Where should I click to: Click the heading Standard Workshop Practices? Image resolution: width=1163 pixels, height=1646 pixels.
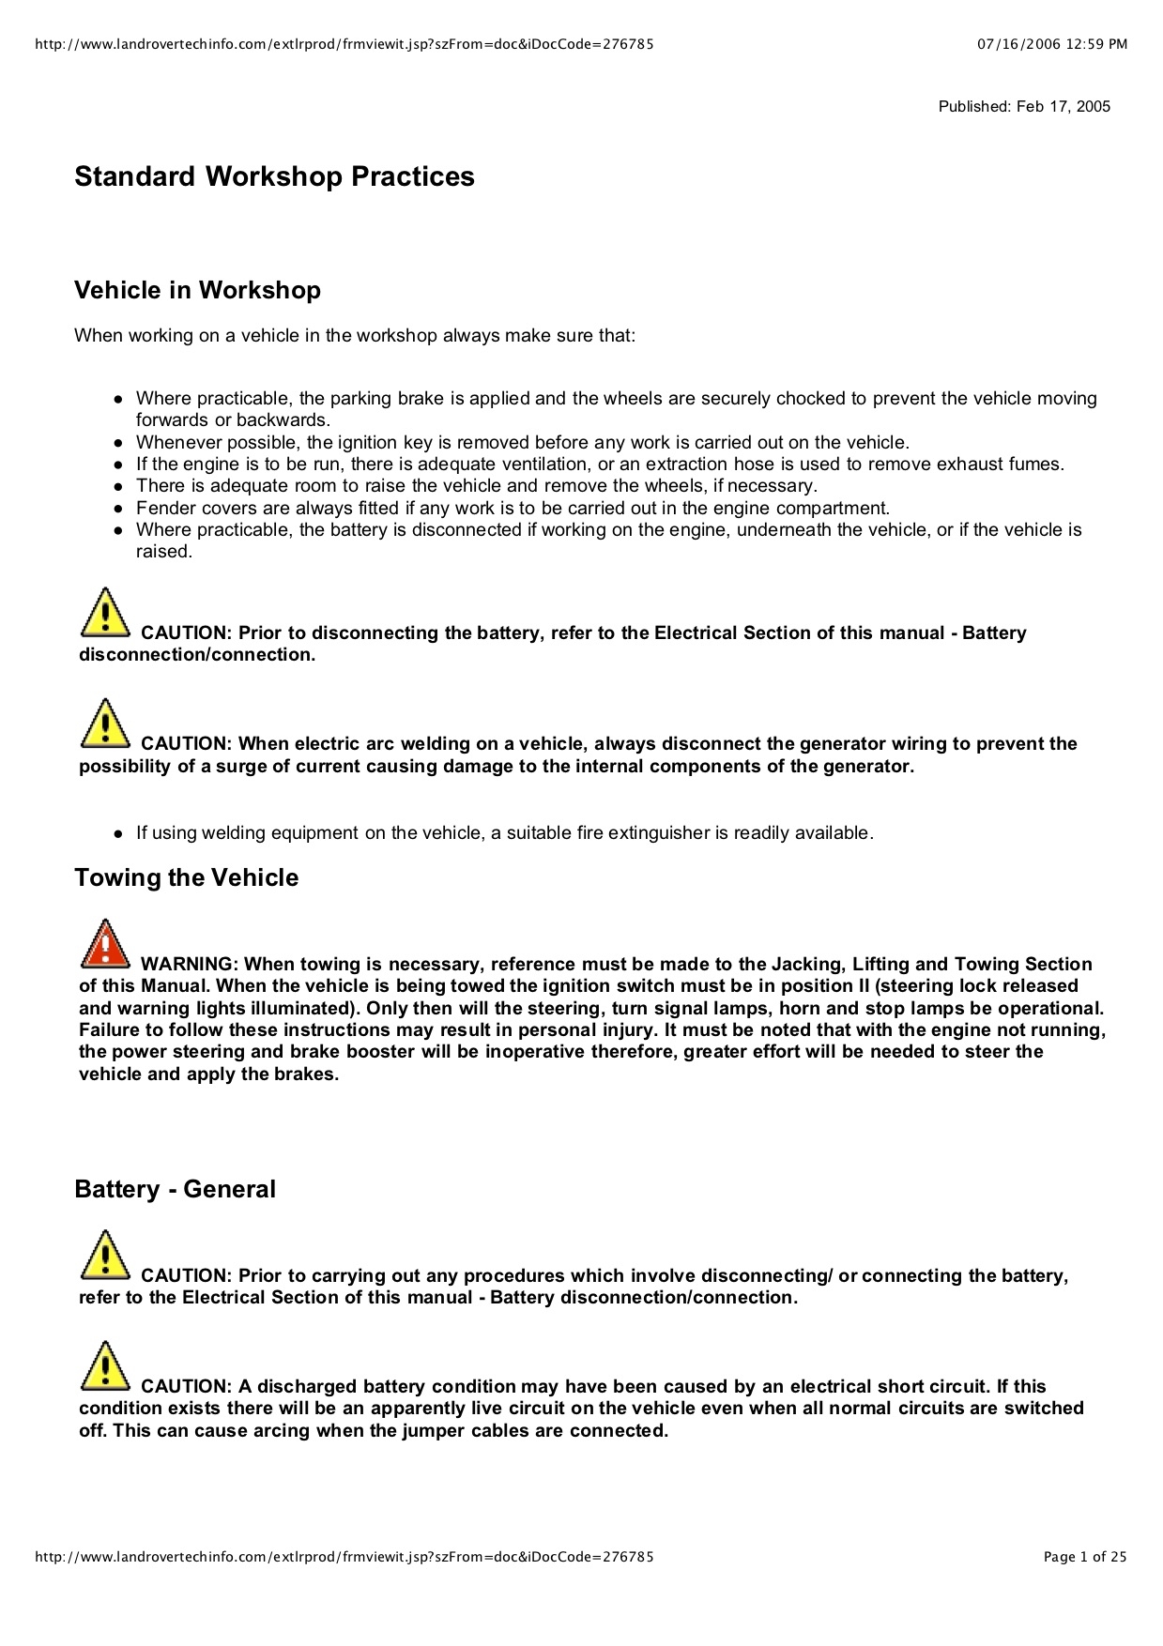pyautogui.click(x=274, y=176)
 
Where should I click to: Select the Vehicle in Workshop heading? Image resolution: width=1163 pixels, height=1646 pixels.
pyautogui.click(x=197, y=290)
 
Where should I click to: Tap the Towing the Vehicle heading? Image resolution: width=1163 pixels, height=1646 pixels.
pyautogui.click(x=186, y=877)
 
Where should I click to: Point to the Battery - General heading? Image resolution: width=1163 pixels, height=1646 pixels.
pyautogui.click(x=175, y=1189)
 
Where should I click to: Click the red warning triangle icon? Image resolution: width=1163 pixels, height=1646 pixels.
pyautogui.click(x=105, y=944)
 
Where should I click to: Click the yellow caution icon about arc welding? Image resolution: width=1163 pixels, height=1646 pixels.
pyautogui.click(x=105, y=724)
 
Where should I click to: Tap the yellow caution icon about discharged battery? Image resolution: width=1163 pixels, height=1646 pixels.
pyautogui.click(x=105, y=1366)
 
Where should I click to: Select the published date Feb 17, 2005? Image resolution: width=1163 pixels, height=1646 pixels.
pyautogui.click(x=1024, y=107)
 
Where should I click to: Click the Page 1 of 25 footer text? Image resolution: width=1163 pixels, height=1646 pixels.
pyautogui.click(x=1084, y=1557)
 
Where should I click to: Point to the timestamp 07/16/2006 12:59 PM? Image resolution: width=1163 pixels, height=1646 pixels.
pyautogui.click(x=1051, y=44)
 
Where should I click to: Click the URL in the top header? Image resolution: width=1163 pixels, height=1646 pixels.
pyautogui.click(x=344, y=44)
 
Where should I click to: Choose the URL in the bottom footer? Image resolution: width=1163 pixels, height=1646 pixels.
pyautogui.click(x=344, y=1557)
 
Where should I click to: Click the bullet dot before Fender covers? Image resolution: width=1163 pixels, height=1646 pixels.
pyautogui.click(x=118, y=509)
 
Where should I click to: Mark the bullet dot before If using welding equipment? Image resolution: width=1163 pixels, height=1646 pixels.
pyautogui.click(x=118, y=833)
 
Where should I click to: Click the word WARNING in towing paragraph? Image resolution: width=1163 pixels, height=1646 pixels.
pyautogui.click(x=188, y=964)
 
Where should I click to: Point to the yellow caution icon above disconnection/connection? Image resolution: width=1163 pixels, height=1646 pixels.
pyautogui.click(x=105, y=613)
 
